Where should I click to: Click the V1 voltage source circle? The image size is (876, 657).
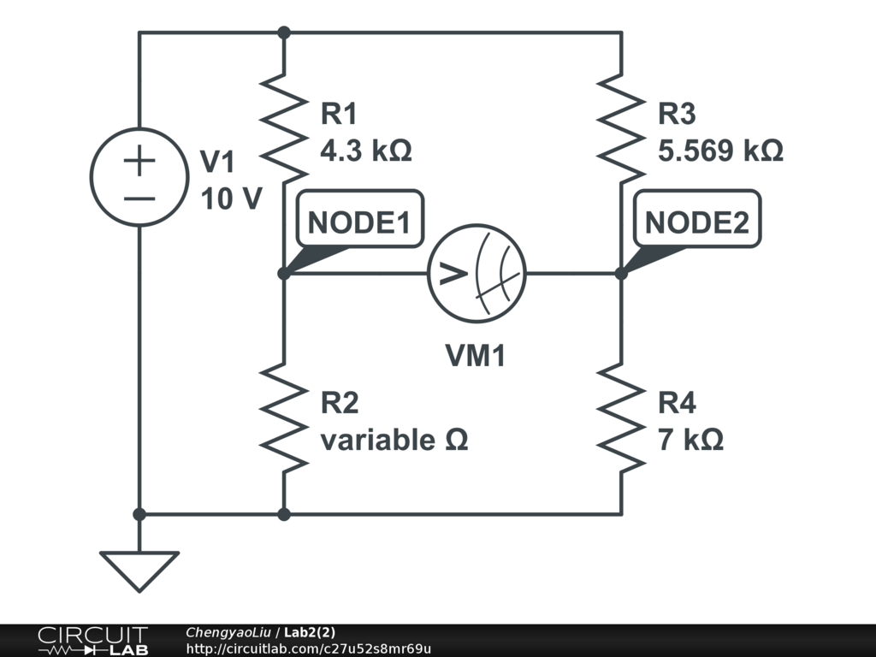[x=139, y=177]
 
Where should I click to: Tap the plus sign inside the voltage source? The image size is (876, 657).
[x=139, y=162]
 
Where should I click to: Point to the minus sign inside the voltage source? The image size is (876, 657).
[x=139, y=198]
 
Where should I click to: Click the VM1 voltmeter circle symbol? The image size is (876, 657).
[x=476, y=274]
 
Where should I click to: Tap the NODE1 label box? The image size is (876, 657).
[x=358, y=222]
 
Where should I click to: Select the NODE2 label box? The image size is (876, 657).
[x=696, y=222]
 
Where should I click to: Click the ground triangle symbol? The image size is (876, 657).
[x=139, y=569]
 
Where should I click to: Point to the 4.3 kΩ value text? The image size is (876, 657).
[x=365, y=151]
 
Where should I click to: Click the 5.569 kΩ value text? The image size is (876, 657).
[x=720, y=151]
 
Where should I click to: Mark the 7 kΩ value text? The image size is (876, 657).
[x=690, y=441]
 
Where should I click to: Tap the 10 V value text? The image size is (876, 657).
[x=231, y=198]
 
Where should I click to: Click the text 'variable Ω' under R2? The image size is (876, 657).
[x=394, y=441]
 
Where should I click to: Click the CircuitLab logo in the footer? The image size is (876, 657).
[x=92, y=641]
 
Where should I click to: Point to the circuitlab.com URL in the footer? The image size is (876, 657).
[x=308, y=648]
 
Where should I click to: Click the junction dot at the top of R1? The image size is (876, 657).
[x=284, y=33]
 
